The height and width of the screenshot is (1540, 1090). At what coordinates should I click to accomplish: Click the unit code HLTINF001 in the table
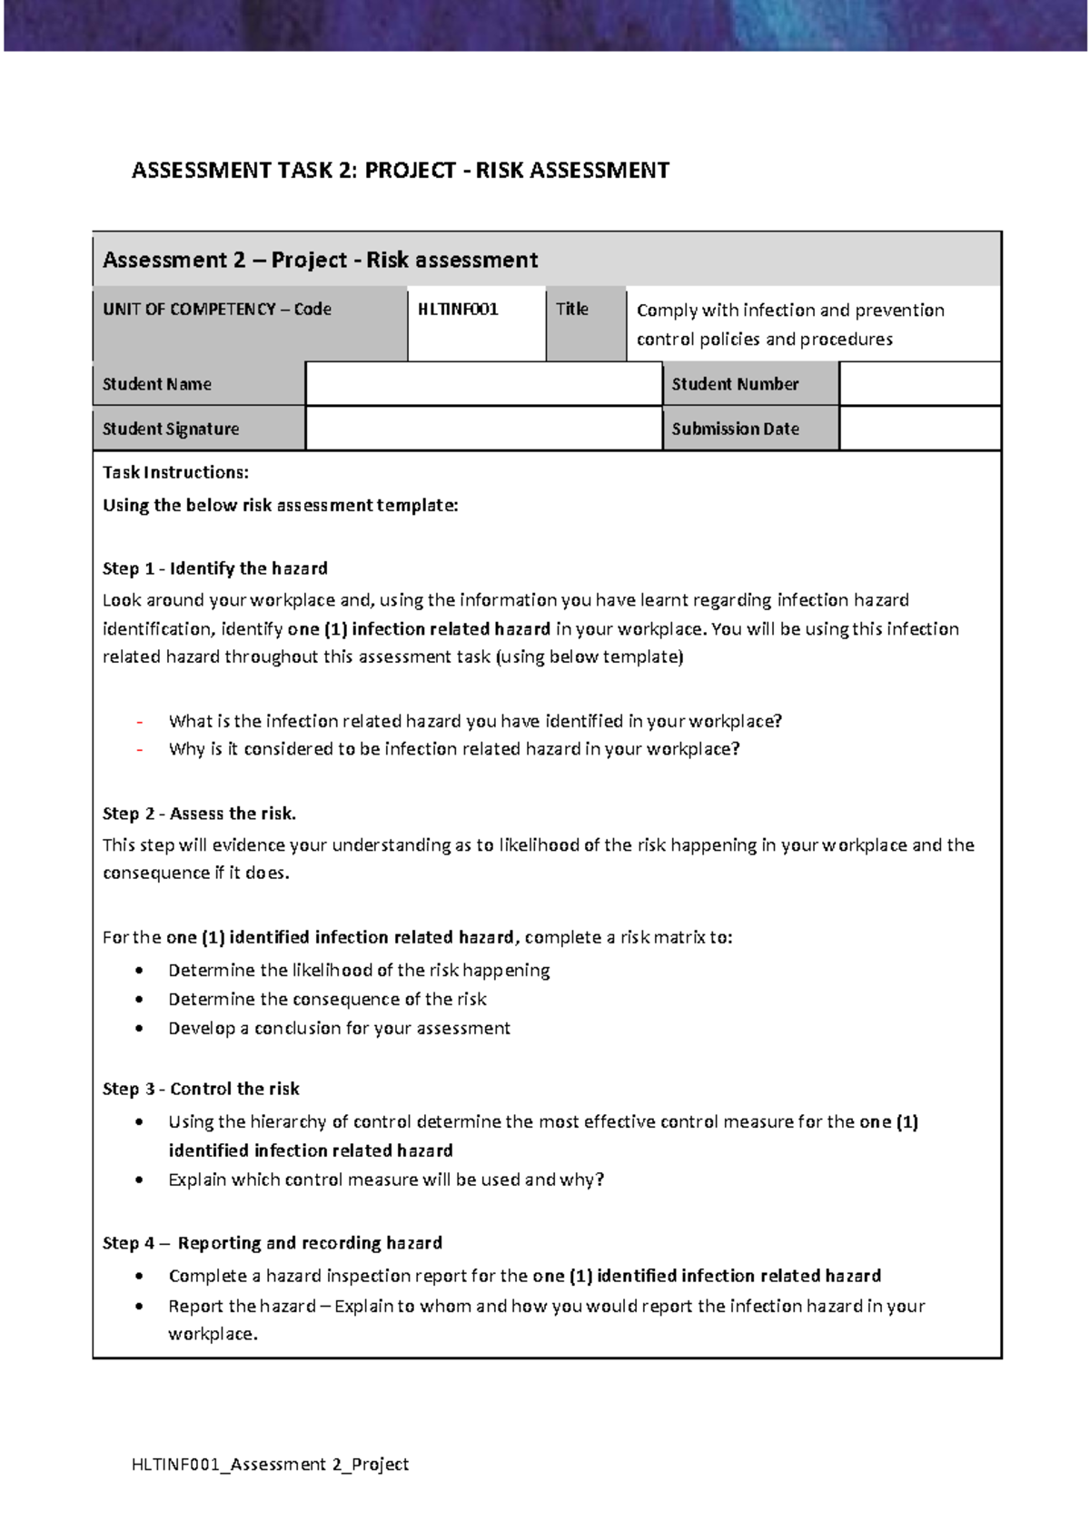(458, 310)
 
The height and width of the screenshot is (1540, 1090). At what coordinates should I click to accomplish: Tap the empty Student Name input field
(483, 383)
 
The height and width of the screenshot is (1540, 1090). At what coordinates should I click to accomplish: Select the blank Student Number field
(919, 383)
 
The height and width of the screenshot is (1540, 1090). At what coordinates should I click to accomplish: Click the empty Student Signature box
(483, 428)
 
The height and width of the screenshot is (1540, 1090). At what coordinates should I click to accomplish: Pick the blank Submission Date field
(919, 428)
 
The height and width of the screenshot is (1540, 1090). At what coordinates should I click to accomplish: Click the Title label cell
(572, 310)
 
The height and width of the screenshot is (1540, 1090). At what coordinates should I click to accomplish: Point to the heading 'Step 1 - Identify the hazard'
(215, 568)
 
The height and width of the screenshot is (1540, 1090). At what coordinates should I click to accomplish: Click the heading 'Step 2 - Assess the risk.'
(199, 814)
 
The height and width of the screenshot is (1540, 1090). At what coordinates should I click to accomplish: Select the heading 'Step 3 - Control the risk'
(201, 1089)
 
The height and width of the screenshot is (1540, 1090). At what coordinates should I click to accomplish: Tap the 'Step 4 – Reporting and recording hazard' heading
(272, 1243)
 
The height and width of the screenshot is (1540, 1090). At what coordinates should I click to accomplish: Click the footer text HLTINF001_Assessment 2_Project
(270, 1464)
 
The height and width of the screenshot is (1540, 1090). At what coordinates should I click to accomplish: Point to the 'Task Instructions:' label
(175, 472)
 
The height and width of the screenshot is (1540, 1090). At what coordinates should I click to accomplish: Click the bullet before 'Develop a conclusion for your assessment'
(139, 1029)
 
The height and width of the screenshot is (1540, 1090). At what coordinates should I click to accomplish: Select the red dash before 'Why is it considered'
(140, 750)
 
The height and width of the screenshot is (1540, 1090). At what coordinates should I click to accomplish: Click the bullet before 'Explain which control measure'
(139, 1180)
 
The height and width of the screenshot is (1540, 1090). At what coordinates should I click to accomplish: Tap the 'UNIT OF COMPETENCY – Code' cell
(217, 310)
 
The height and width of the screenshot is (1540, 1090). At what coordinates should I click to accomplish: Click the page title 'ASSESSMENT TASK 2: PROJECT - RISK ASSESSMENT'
(401, 171)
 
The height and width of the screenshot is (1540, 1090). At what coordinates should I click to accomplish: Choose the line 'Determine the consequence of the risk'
(327, 1000)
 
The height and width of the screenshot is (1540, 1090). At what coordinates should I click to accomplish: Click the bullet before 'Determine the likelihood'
(139, 971)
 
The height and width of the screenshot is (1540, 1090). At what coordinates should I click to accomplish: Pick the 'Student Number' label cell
(735, 384)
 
